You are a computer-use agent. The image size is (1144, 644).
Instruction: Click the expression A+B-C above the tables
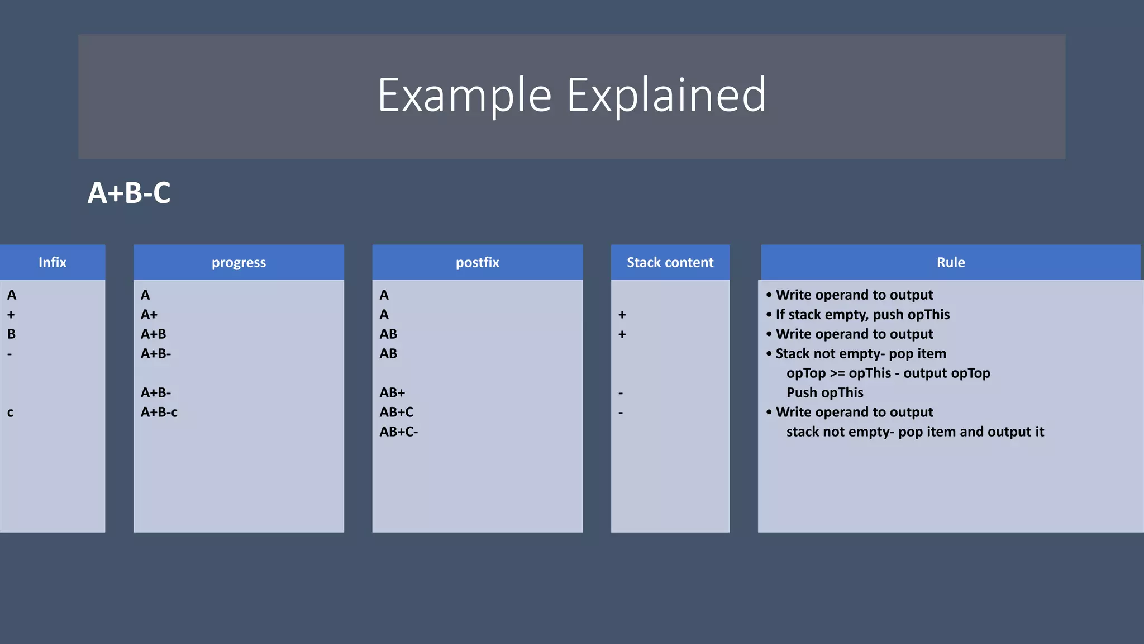click(129, 193)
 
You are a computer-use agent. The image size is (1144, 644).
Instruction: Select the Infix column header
click(53, 262)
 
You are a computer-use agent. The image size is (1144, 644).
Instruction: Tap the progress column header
click(239, 262)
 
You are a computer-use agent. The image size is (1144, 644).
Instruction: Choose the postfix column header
click(477, 262)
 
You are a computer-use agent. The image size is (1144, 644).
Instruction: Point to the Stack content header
click(670, 262)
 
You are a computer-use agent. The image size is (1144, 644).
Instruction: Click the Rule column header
click(950, 262)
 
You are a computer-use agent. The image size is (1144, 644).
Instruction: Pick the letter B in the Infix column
click(11, 334)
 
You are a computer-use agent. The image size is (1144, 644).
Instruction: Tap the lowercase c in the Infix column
click(11, 413)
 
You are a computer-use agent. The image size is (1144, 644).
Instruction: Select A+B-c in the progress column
click(159, 413)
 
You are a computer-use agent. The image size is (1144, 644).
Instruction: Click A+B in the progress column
click(154, 334)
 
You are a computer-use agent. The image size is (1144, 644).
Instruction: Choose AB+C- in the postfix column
click(399, 432)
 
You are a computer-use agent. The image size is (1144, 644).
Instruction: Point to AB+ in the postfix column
click(392, 393)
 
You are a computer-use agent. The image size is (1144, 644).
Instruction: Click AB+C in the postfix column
click(397, 413)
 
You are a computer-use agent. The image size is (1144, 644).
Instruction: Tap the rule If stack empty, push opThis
click(862, 315)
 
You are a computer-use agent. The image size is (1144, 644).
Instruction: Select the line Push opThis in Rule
click(824, 393)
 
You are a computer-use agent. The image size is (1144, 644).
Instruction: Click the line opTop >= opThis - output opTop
click(888, 373)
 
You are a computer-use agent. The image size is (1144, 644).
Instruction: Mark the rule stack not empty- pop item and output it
click(915, 432)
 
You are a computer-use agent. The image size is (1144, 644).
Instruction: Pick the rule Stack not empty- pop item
click(860, 354)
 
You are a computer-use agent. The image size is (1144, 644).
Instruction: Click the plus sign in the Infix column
click(11, 315)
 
